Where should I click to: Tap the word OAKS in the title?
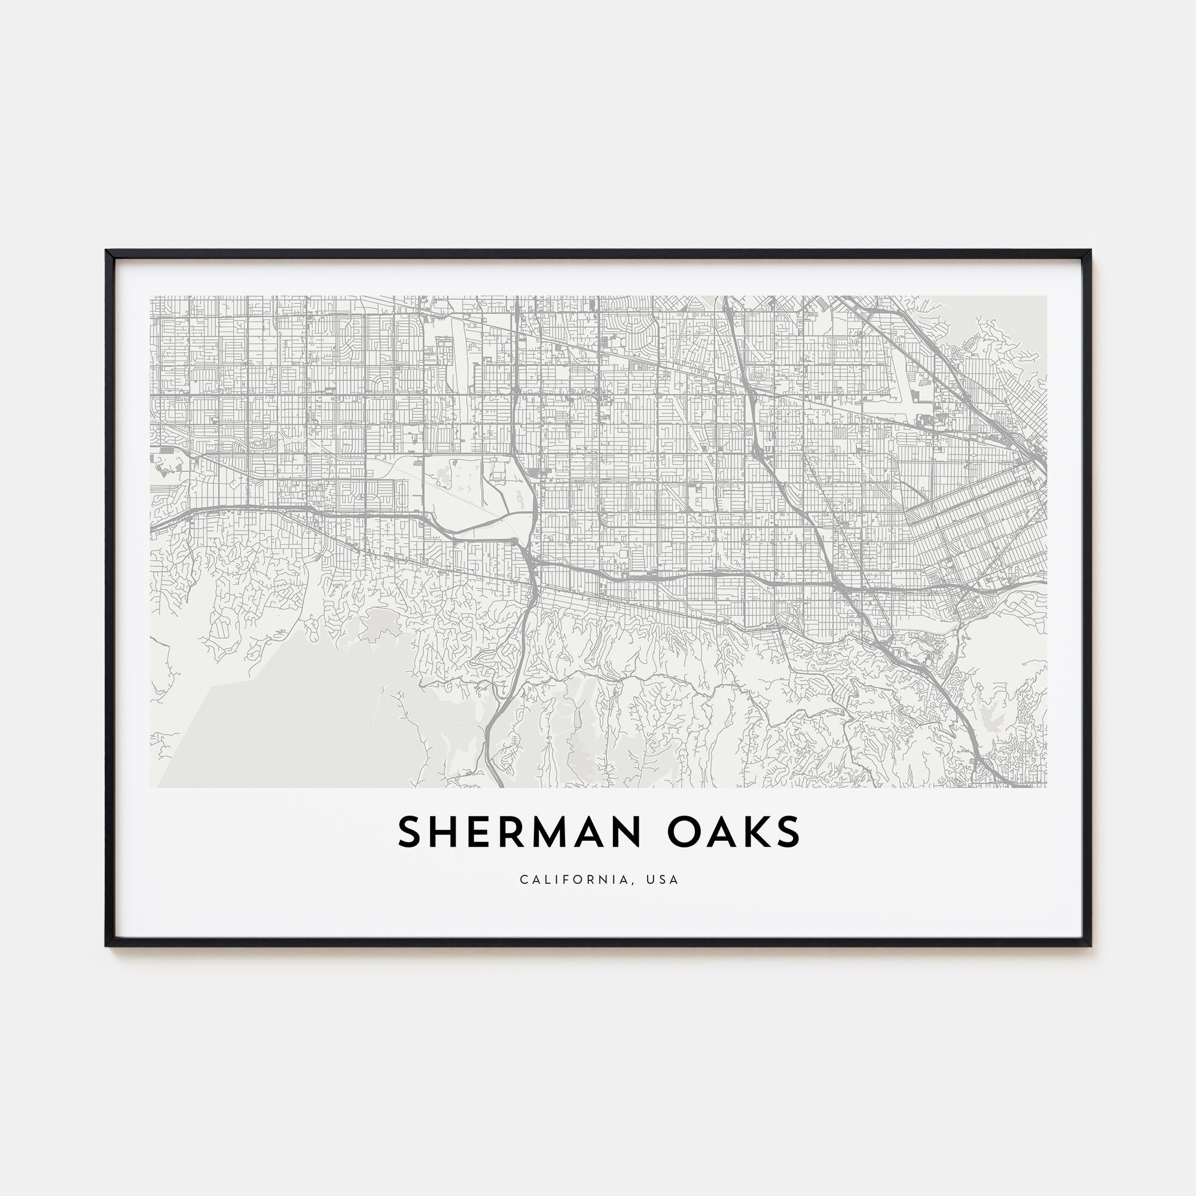734,832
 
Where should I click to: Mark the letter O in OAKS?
684,832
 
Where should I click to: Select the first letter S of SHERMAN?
411,832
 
